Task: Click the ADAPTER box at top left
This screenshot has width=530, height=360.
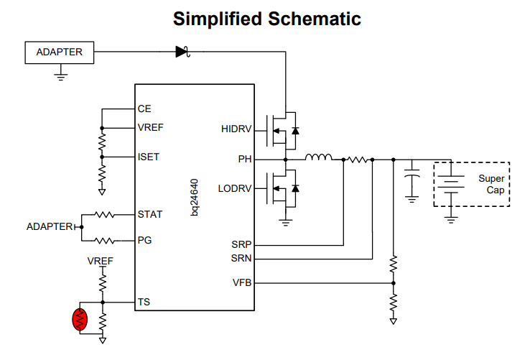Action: [x=60, y=52]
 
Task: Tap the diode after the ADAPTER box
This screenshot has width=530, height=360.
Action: [x=182, y=52]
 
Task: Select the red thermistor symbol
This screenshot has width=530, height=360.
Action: [x=80, y=319]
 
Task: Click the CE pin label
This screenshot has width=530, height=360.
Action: [x=144, y=109]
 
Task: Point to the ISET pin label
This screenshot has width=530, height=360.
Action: [x=149, y=157]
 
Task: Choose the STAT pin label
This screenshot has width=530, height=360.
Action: [x=150, y=215]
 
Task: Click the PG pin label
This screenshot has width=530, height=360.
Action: [x=144, y=240]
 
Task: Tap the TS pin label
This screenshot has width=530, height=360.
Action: [x=144, y=302]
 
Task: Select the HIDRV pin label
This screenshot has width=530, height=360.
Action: [x=236, y=129]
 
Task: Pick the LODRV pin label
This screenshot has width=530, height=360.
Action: [x=235, y=188]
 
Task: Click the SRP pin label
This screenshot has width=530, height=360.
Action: [x=241, y=244]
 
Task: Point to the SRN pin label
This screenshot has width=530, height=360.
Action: [x=241, y=259]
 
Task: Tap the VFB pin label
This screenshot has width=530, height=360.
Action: [x=242, y=282]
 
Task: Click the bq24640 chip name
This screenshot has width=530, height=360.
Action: [x=195, y=198]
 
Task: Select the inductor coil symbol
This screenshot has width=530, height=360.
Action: [x=318, y=157]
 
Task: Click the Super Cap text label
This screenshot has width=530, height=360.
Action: [x=492, y=185]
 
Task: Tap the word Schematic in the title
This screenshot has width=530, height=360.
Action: [x=315, y=19]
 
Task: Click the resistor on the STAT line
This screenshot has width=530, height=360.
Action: [x=104, y=215]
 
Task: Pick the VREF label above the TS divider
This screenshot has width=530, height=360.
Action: [x=100, y=262]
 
